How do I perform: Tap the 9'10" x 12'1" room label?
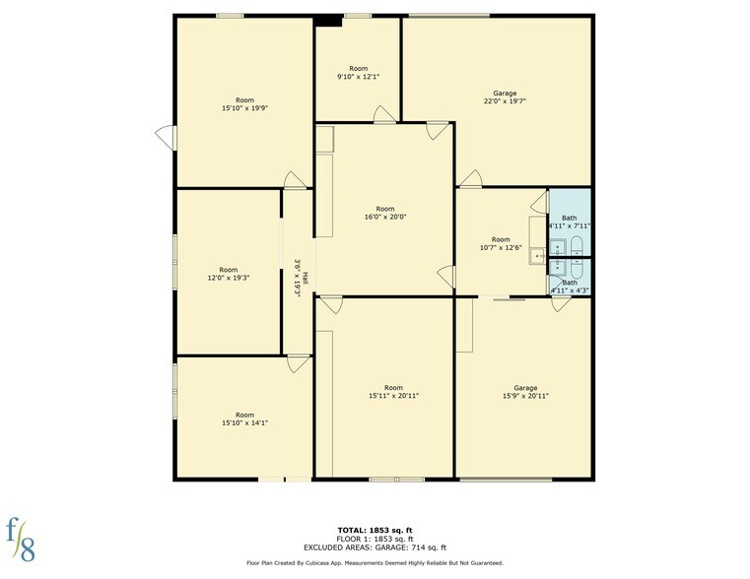tap(357, 73)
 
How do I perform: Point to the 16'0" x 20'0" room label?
tap(384, 213)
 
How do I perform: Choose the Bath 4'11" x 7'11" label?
tap(570, 222)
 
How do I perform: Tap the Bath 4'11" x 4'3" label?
tap(570, 286)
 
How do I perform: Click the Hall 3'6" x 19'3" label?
tap(301, 278)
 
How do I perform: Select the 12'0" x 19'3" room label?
tap(228, 274)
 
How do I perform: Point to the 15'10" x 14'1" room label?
tap(244, 418)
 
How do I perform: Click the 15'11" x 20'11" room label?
tap(393, 392)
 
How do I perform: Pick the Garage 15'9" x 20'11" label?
tap(524, 392)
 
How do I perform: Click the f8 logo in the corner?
tap(22, 539)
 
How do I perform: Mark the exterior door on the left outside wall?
tap(164, 138)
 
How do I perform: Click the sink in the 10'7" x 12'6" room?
tap(538, 256)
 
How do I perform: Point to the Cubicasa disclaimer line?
tap(375, 563)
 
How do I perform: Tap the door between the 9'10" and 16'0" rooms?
tap(384, 115)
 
